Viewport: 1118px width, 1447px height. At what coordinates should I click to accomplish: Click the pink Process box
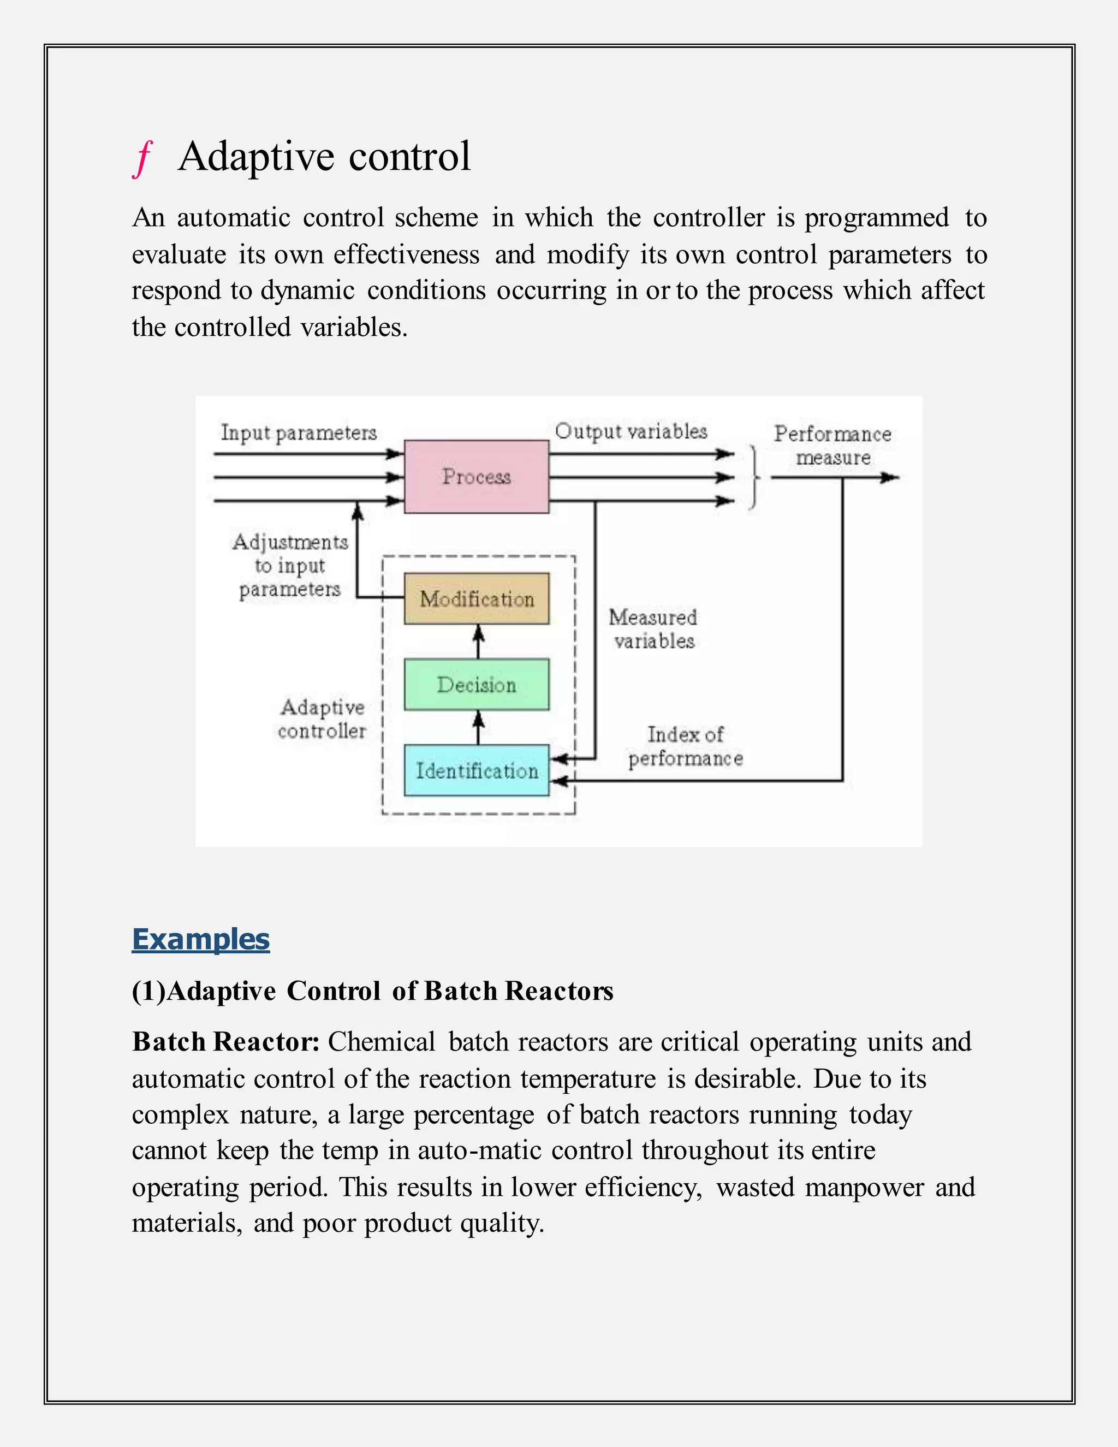tap(476, 476)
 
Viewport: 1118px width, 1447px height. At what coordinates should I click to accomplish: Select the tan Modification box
tap(476, 599)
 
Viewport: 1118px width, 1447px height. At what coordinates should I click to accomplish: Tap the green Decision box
tap(476, 684)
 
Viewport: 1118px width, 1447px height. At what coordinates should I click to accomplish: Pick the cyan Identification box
tap(476, 770)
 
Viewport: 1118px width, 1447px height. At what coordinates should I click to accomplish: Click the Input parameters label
tap(299, 432)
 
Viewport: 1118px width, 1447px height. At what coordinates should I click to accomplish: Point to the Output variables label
tap(631, 431)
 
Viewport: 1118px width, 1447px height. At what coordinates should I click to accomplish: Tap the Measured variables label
tap(653, 628)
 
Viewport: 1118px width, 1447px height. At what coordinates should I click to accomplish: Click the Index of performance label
tap(686, 746)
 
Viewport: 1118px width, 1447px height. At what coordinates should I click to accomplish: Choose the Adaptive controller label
tap(322, 719)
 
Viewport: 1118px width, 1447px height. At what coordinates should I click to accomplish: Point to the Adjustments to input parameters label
tap(290, 565)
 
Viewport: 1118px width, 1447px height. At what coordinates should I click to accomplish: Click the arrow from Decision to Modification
tap(478, 642)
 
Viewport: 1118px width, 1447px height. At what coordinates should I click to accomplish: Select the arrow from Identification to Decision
tap(478, 727)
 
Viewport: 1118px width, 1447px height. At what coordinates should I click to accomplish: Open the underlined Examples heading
tap(201, 940)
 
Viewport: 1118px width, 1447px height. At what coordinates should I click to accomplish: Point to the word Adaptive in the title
tap(257, 158)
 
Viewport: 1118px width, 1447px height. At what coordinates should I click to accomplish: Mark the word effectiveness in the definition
tap(406, 254)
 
